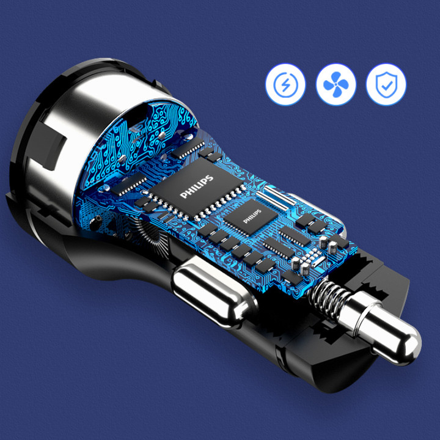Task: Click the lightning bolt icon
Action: [285, 84]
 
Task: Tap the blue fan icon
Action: [336, 84]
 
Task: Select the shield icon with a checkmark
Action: [386, 84]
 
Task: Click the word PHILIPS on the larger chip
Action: [196, 186]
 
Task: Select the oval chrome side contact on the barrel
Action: [214, 295]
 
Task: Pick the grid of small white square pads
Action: [312, 256]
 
